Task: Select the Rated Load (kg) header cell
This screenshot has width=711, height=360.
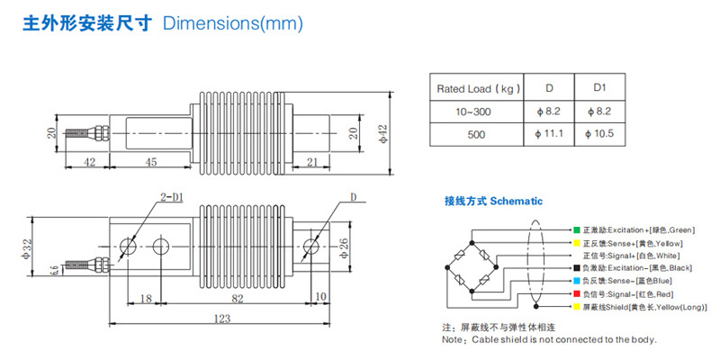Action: pyautogui.click(x=476, y=89)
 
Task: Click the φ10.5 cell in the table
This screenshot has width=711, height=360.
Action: pyautogui.click(x=599, y=134)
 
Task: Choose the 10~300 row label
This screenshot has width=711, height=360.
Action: pyautogui.click(x=476, y=111)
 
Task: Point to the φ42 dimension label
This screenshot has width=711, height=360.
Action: pyautogui.click(x=382, y=133)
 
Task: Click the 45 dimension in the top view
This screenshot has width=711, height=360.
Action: pyautogui.click(x=151, y=162)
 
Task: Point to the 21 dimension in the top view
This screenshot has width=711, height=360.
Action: pyautogui.click(x=311, y=162)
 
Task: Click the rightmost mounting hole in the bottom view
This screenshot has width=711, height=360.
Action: pyautogui.click(x=312, y=246)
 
